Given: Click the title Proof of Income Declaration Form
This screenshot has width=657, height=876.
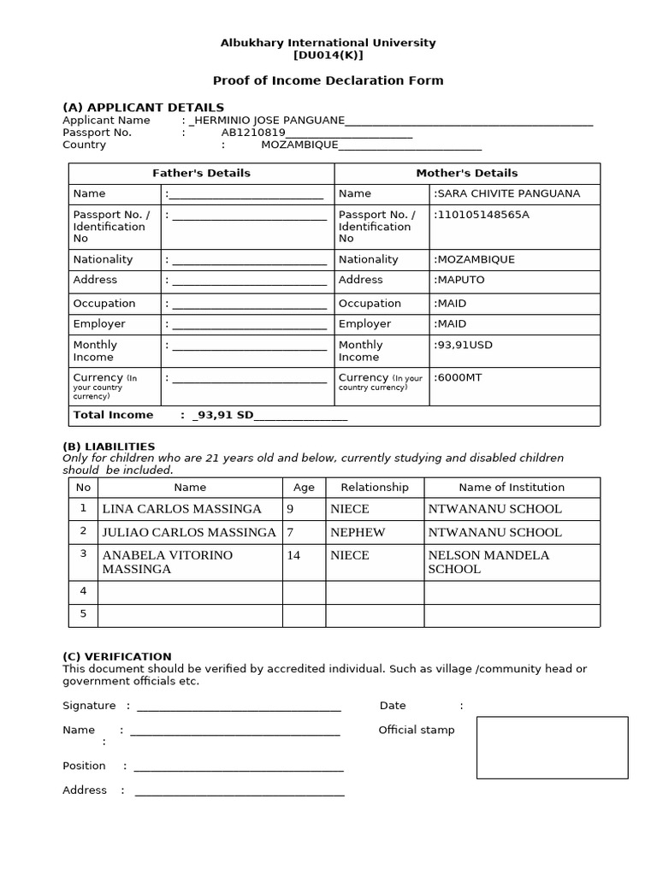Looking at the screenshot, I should click(328, 80).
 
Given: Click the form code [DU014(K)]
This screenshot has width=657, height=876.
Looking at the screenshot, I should click(328, 56).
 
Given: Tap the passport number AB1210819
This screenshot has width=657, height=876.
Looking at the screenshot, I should click(252, 133).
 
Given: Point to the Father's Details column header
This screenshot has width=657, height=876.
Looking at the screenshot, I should click(201, 173).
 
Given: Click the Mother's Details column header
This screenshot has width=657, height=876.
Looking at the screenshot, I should click(466, 173).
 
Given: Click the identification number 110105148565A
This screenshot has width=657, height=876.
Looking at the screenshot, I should click(483, 215).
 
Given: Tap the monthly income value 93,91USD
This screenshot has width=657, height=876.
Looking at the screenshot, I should click(465, 345).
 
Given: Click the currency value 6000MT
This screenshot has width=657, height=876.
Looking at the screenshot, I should click(459, 377).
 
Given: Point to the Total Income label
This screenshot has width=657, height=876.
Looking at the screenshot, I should click(113, 415).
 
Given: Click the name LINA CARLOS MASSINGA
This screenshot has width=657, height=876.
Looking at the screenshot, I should click(181, 509).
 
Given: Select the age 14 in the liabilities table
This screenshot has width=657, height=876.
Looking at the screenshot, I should click(293, 555).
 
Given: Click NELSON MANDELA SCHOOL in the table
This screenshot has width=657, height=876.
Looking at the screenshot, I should click(488, 562).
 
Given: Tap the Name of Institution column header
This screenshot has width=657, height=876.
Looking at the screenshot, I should click(512, 487).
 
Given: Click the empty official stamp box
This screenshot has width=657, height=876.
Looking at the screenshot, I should click(552, 748).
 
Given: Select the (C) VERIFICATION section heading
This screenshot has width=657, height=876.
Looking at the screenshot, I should click(117, 656).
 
